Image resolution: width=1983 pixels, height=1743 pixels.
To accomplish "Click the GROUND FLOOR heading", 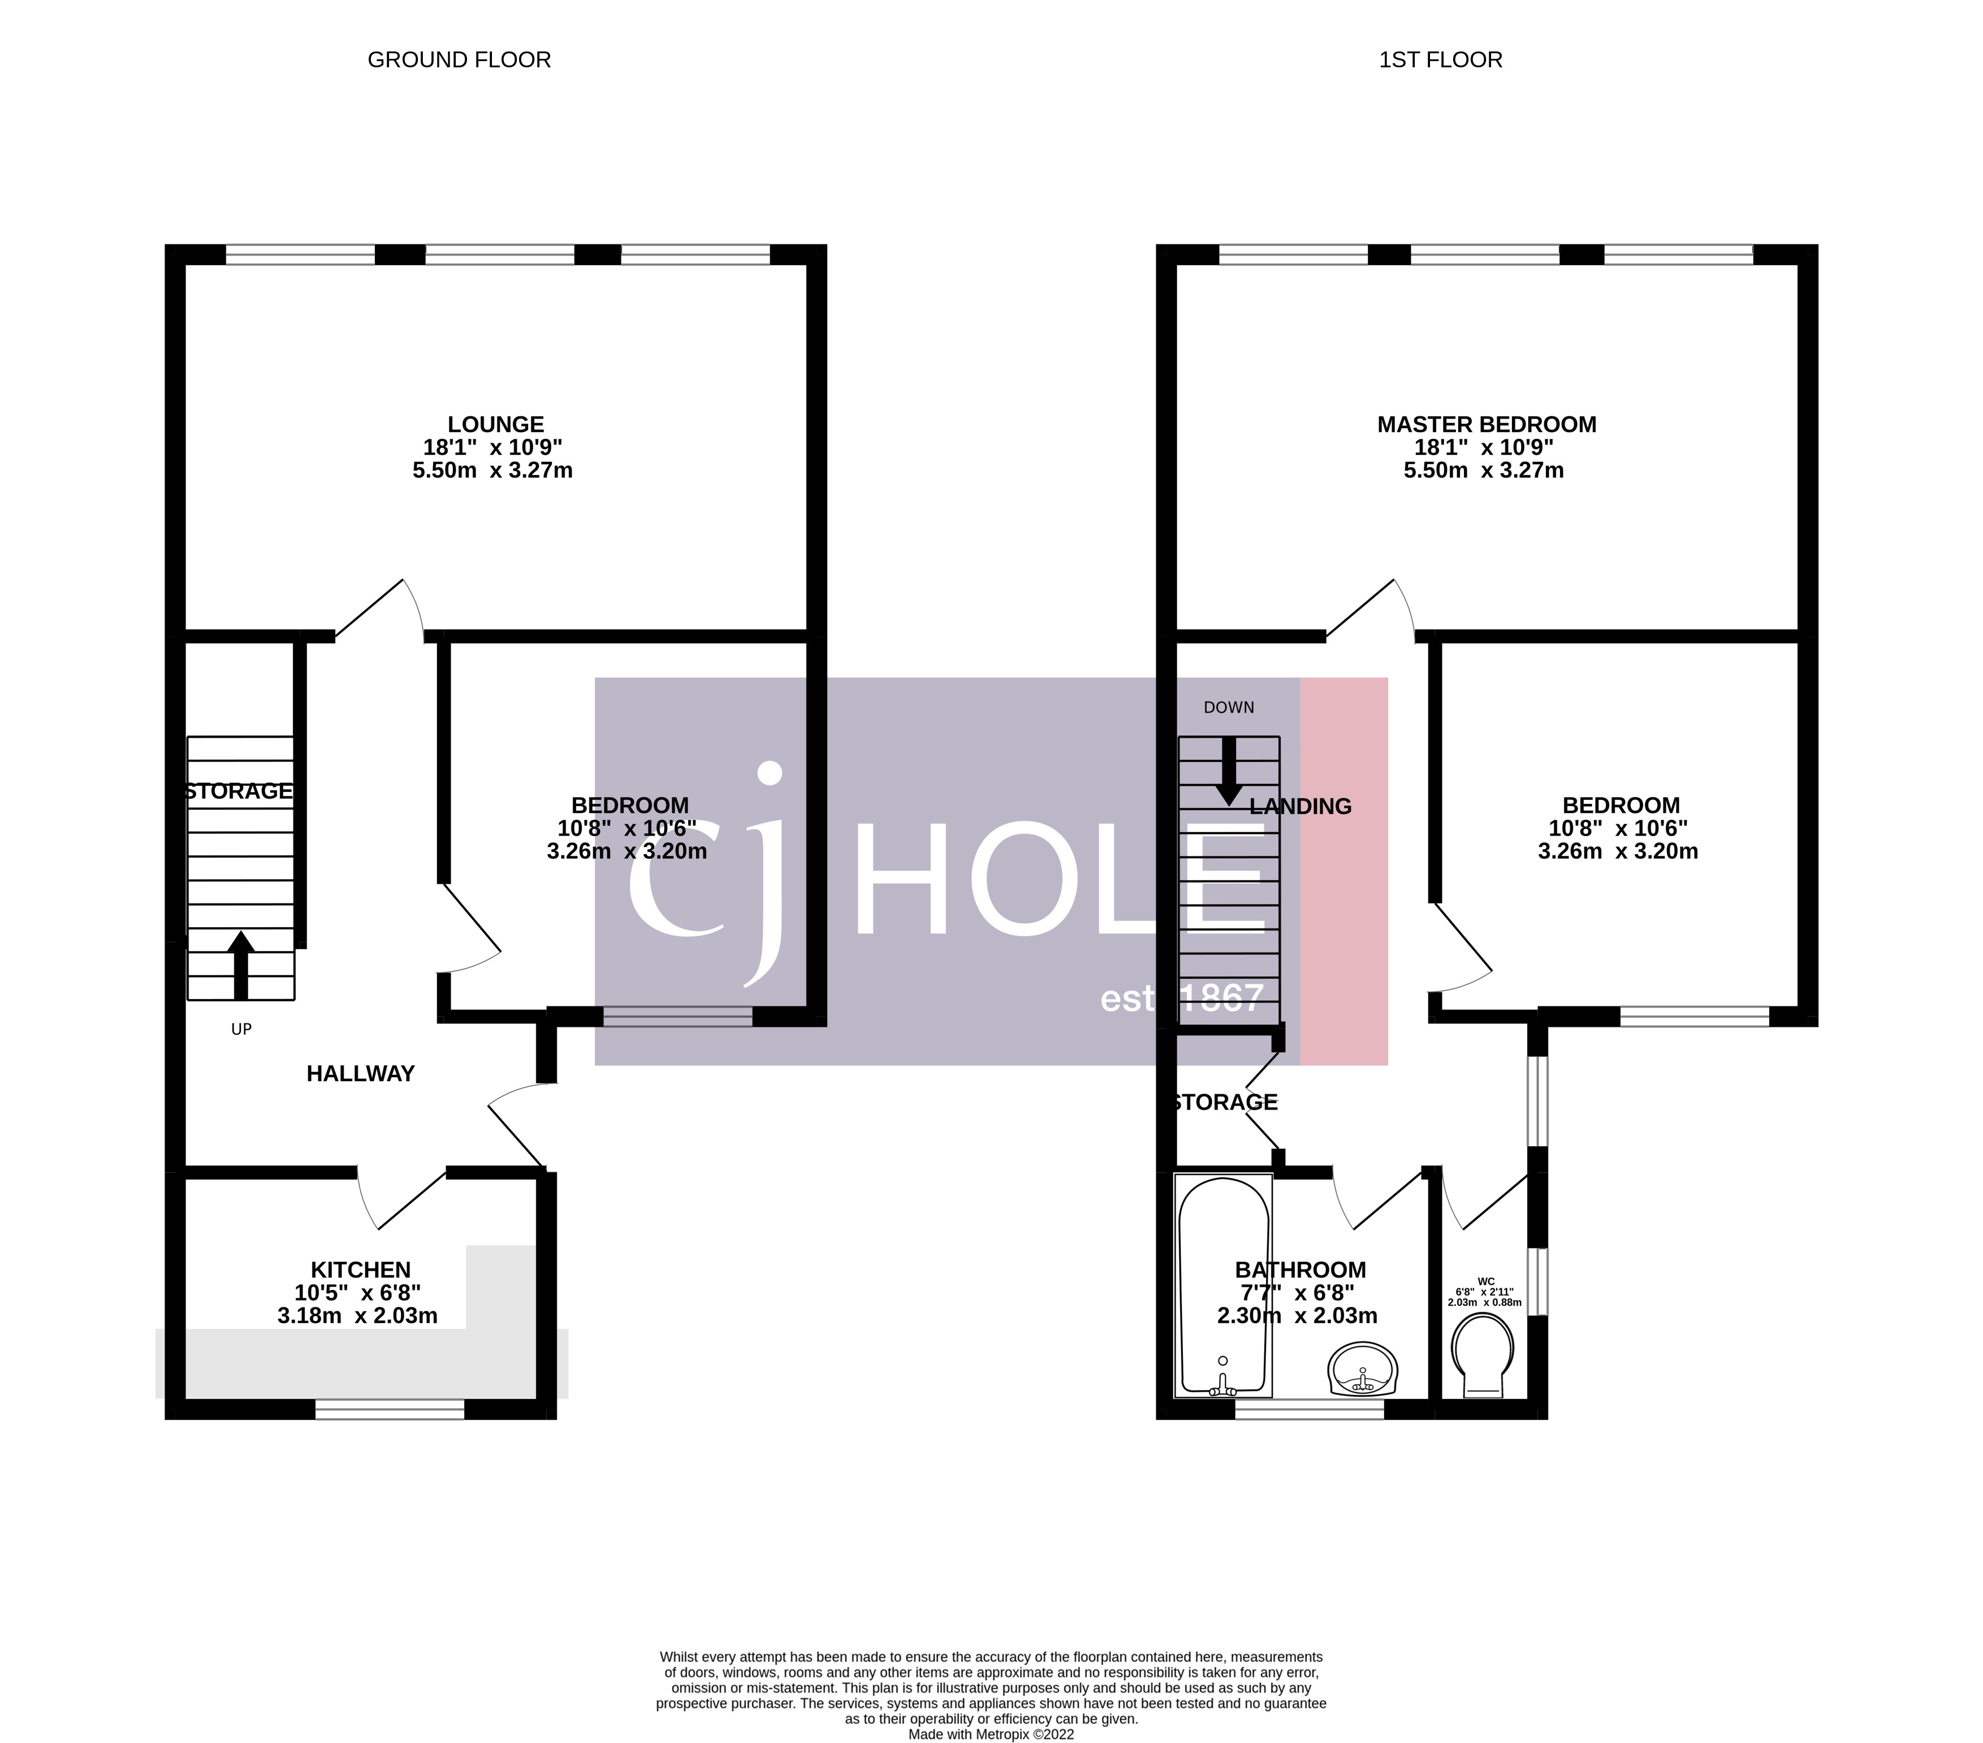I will (459, 60).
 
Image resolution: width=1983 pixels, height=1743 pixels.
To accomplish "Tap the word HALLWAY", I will (360, 1073).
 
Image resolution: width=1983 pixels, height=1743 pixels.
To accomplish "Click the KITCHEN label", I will (360, 1269).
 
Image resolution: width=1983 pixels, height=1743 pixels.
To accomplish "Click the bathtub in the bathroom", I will (1222, 1286).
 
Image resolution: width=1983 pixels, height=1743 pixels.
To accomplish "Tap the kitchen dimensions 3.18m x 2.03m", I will (357, 1316).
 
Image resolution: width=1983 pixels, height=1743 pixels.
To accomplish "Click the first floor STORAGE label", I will (1225, 1103).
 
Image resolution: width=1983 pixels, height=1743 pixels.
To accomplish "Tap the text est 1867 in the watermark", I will (1182, 998).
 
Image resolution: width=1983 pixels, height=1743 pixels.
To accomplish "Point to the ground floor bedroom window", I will (677, 1016).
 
